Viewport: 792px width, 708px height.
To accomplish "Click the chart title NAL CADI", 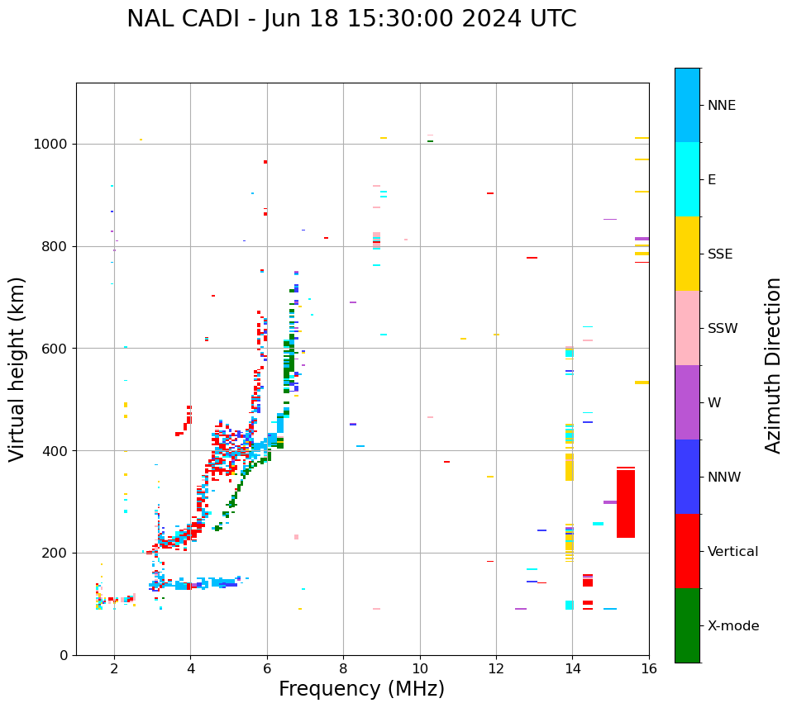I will (351, 19).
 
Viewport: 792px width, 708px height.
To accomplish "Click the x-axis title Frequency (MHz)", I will (361, 689).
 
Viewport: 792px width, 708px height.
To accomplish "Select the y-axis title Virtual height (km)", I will (17, 369).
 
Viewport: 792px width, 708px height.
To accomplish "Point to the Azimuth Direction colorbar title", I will (773, 365).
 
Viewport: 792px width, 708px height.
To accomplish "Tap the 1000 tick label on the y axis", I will (50, 144).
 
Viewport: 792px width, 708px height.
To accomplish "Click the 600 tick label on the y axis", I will (54, 349).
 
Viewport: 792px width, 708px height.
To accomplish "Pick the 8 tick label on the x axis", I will (343, 668).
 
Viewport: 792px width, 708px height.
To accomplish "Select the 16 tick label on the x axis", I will (648, 668).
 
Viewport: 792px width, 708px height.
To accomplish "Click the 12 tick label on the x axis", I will (496, 668).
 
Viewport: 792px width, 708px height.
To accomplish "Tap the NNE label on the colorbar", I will (722, 106).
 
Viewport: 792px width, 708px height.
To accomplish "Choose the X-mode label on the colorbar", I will (733, 625).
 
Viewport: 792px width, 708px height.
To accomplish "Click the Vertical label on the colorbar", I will (732, 551).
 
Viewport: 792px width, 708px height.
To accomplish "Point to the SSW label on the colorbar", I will (723, 328).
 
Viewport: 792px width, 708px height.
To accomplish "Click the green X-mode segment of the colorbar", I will (687, 625).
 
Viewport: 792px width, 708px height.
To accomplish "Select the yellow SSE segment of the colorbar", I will (687, 254).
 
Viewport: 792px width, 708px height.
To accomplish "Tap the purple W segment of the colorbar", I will (687, 402).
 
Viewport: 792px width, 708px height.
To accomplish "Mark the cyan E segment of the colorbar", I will (687, 179).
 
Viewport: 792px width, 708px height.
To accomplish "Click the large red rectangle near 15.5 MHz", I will (626, 503).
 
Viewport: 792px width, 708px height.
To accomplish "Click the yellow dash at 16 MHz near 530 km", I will (642, 383).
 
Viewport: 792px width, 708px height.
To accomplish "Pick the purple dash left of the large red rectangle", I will (610, 502).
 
